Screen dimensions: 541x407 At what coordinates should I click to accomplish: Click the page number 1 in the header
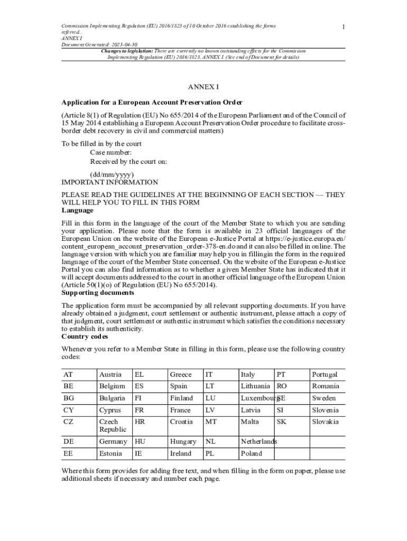tap(344, 27)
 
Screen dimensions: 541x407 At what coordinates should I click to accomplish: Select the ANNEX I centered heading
tap(203, 87)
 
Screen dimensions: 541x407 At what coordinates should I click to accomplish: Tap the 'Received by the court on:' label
tap(128, 162)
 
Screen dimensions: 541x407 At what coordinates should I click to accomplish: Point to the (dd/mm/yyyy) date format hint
tap(112, 174)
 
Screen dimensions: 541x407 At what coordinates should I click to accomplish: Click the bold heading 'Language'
tap(78, 210)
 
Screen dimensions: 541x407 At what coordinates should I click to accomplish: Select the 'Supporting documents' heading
tap(98, 292)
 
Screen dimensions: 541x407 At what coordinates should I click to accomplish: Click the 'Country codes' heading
tap(85, 336)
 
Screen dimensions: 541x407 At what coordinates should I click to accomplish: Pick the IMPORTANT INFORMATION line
tap(109, 182)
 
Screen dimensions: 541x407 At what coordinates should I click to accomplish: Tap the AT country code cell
tap(68, 375)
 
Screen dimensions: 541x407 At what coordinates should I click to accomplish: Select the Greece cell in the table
tap(180, 375)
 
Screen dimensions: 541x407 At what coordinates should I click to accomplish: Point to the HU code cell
tap(140, 442)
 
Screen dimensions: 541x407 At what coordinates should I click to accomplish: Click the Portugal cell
tap(324, 375)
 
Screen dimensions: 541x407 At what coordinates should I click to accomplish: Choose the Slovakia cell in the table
tap(325, 422)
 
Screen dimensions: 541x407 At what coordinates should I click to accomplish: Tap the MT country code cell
tap(211, 422)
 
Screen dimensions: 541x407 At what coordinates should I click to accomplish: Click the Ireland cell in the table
tap(180, 453)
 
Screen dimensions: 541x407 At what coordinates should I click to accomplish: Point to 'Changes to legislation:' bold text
tap(127, 51)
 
